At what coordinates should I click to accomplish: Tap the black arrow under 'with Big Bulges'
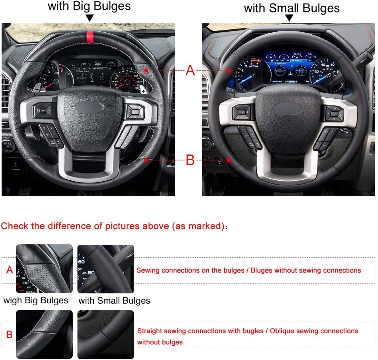coord(90,18)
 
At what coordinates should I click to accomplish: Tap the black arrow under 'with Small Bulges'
coord(289,18)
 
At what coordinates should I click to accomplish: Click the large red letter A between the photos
coord(190,70)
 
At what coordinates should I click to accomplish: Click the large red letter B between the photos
coord(190,160)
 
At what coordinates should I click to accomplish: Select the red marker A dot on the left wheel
coord(146,70)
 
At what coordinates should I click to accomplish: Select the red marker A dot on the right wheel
coord(229,70)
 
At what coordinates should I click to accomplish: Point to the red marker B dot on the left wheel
coord(146,160)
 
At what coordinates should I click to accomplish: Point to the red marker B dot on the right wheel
coord(229,160)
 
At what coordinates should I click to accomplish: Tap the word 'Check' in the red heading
coord(15,226)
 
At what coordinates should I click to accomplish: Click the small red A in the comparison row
coord(10,270)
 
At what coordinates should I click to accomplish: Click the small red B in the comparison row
coord(9,334)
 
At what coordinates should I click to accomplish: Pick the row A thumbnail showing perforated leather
coord(44,269)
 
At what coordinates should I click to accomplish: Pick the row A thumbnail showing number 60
coord(106,269)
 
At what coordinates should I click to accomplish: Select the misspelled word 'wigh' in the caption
coord(13,300)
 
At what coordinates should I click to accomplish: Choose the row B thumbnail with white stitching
coord(44,334)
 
